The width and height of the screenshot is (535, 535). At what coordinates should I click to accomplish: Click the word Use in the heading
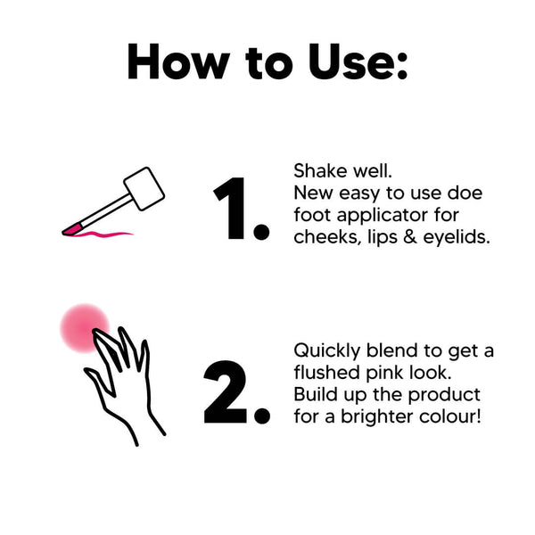point(358,62)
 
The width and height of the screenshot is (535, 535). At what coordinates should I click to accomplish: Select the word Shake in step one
point(320,170)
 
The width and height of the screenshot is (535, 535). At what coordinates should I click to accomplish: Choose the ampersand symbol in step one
point(410,237)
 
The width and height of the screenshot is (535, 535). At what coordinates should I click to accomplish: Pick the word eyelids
point(457,237)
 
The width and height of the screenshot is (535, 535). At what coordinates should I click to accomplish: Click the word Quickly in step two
point(327,350)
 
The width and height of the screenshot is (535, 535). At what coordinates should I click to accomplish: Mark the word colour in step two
point(449,416)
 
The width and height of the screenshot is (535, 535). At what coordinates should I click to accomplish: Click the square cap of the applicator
point(144,188)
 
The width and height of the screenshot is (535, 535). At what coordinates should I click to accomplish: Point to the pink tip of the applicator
point(72,230)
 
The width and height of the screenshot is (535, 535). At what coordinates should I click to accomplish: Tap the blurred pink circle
point(85,328)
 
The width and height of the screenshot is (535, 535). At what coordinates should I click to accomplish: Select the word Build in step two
point(313,394)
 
